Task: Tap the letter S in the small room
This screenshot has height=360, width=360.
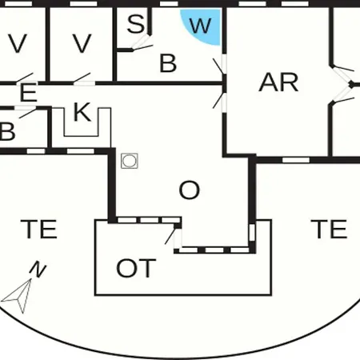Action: [x=136, y=24]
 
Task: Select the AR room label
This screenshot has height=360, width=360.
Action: [x=278, y=82]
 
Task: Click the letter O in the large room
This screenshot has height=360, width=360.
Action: [x=190, y=190]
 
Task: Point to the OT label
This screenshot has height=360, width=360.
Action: [x=136, y=268]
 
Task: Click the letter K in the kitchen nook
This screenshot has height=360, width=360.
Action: [x=82, y=112]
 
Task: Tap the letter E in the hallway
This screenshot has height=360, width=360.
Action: [x=28, y=93]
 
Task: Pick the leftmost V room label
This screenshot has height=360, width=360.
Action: [x=18, y=43]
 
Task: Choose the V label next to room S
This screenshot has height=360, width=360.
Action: [x=82, y=43]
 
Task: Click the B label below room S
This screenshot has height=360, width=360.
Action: [x=168, y=63]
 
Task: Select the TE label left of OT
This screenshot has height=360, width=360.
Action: [x=39, y=229]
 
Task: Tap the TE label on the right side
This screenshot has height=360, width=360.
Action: [x=329, y=229]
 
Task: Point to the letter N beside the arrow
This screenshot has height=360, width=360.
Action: [x=38, y=270]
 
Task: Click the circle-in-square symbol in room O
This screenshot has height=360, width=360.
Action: [x=130, y=161]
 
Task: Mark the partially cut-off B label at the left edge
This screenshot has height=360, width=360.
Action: [x=7, y=131]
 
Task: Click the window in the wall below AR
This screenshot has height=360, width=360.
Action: [x=296, y=160]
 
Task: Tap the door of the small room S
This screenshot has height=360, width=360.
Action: [x=142, y=43]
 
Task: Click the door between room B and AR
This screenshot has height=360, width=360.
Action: [x=222, y=65]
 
